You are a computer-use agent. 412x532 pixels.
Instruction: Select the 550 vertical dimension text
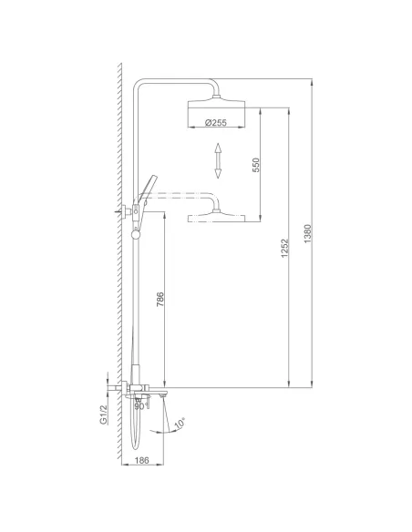256,164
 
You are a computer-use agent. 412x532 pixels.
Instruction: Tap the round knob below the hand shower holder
137,233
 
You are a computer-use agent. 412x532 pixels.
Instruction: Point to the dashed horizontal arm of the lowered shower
182,195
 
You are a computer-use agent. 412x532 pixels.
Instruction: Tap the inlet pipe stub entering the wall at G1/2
113,392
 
